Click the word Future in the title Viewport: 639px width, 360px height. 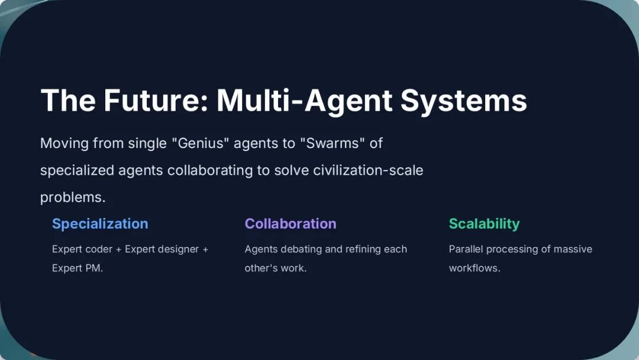point(156,100)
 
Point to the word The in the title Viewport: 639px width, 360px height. point(68,100)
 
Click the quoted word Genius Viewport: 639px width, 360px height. point(201,143)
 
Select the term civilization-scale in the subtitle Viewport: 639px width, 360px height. point(368,170)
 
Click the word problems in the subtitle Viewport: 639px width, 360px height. point(73,198)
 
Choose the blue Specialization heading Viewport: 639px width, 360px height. point(100,224)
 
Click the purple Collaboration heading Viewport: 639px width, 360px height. point(291,223)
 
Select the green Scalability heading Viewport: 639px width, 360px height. point(484,224)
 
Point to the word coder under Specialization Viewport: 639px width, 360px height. point(99,249)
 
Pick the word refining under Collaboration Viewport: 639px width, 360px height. point(359,249)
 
